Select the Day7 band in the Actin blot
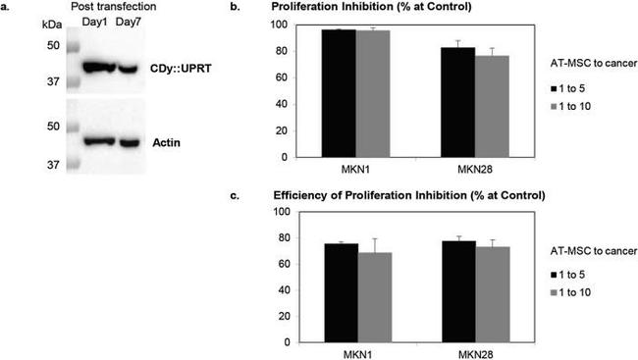132,142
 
